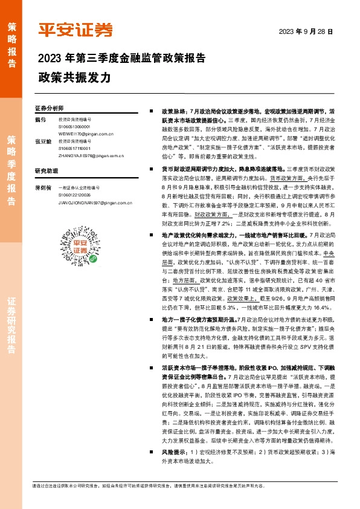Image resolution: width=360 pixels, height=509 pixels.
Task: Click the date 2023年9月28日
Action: pos(306,31)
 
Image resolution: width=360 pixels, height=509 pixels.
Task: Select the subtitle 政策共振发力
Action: pos(74,79)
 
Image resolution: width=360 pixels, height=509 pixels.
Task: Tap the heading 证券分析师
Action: pos(49,109)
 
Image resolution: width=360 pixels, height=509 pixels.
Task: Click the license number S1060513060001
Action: pos(74,127)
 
